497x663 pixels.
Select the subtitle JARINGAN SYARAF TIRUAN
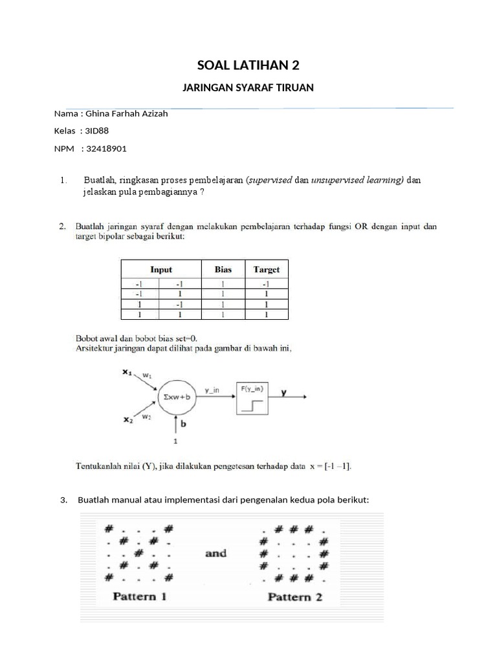pos(248,87)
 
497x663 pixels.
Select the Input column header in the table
pos(161,269)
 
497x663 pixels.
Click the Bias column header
pos(223,269)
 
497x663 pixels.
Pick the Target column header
pos(266,269)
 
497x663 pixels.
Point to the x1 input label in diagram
pos(127,372)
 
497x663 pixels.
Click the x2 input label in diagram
pos(127,420)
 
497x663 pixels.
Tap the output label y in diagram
pos(285,392)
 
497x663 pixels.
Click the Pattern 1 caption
pos(140,596)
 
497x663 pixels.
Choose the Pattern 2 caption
pos(294,596)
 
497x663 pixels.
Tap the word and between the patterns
pos(215,553)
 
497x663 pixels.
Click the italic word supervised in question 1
pos(271,179)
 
